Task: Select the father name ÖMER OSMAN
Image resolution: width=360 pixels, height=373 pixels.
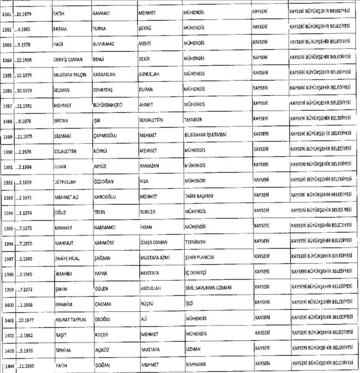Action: pos(154,241)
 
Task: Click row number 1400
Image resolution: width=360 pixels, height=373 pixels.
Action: pos(8,302)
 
